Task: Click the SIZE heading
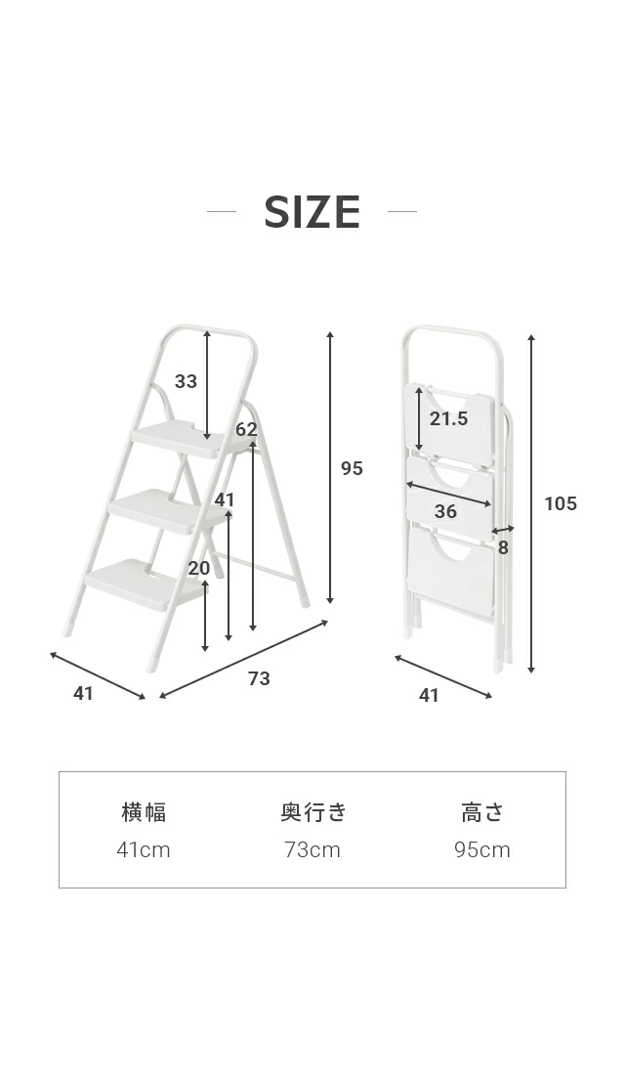coord(312,211)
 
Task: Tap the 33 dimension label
coord(186,381)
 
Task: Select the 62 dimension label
coord(246,429)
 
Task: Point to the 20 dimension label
coord(199,568)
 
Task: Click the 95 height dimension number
coord(353,469)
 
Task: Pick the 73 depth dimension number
coord(259,679)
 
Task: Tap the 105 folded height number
coord(561,503)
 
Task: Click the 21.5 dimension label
coord(449,418)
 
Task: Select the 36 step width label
coord(446,511)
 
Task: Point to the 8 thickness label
coord(503,547)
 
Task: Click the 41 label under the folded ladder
coord(429,696)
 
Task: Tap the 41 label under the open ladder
coord(83,693)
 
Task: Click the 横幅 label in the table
coord(144,812)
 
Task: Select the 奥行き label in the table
coord(312,812)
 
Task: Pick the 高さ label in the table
coord(482,812)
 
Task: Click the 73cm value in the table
coord(312,849)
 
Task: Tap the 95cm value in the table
coord(482,849)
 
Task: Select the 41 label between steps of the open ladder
coord(225,499)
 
